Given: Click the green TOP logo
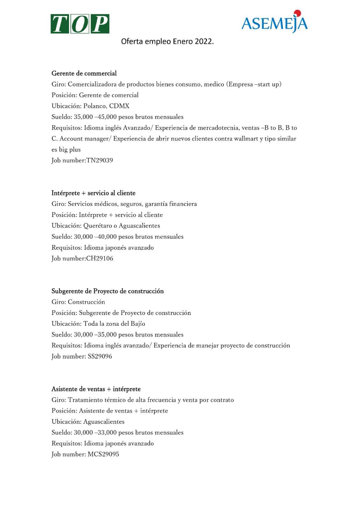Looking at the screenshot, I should click(x=80, y=24).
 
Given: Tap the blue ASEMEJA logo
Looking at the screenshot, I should click(x=274, y=23).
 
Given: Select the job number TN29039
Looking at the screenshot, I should click(x=100, y=160).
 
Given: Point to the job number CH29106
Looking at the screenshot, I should click(x=100, y=258).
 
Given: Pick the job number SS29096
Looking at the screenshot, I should click(x=100, y=356).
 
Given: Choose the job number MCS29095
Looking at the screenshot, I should click(x=103, y=454).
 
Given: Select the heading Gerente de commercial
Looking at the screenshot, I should click(x=84, y=73).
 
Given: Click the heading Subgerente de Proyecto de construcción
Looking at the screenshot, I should click(x=108, y=291).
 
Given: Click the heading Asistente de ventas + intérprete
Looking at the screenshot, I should click(x=96, y=389).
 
